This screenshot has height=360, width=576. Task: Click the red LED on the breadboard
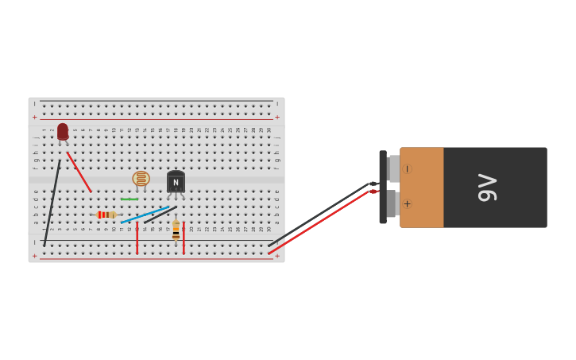(x=63, y=131)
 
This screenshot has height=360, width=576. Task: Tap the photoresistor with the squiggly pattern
(x=141, y=179)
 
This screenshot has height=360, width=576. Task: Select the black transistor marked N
(x=176, y=182)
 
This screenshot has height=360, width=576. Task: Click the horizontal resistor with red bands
(x=106, y=215)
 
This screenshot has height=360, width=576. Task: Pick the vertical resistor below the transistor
(x=176, y=230)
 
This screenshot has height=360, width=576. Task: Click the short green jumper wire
(x=130, y=199)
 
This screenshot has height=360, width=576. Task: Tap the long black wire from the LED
(x=52, y=203)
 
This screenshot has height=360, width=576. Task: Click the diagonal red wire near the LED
(x=79, y=172)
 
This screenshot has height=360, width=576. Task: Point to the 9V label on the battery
(x=488, y=188)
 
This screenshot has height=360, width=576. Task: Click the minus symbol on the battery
(x=407, y=169)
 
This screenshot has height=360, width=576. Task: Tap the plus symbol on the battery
(x=407, y=204)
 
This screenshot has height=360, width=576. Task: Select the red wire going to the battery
(x=318, y=223)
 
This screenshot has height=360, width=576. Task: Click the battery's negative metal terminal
(x=393, y=168)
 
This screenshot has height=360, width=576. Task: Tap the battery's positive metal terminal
(x=392, y=203)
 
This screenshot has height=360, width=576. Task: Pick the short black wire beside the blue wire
(x=161, y=215)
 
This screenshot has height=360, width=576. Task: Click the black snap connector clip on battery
(x=383, y=187)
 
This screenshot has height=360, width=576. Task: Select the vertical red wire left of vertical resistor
(x=137, y=238)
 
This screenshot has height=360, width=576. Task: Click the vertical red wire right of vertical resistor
(x=184, y=238)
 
